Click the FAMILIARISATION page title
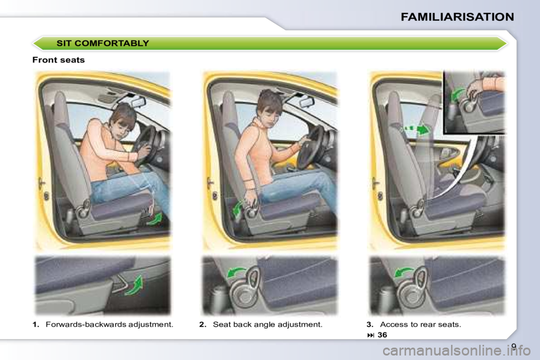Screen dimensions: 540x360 coord(457,17)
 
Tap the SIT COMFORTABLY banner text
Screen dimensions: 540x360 coord(102,43)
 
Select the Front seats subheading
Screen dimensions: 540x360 coord(58,60)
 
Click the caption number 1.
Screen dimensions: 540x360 coord(36,325)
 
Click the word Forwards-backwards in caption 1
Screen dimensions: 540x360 coord(85,325)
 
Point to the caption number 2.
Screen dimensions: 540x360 coord(203,325)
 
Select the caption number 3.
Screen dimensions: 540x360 coord(370,325)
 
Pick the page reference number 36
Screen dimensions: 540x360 coord(382,335)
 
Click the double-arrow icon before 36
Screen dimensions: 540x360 coord(371,335)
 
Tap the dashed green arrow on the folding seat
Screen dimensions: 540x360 coord(416,130)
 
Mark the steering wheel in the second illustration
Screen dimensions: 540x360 coord(309,147)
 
